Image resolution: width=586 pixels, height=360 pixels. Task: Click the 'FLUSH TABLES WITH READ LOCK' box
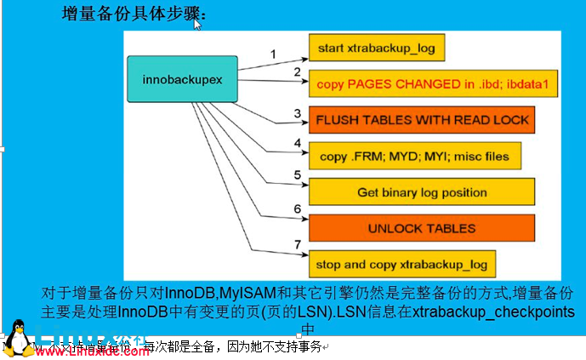point(422,120)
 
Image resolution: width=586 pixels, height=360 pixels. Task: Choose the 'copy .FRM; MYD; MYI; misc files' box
point(414,157)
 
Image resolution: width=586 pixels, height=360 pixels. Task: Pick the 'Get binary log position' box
point(422,192)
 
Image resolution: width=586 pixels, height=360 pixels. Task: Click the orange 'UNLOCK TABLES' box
point(422,228)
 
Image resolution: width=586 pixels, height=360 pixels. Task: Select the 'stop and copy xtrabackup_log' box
point(401,264)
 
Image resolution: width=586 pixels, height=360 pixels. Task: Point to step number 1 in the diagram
point(273,54)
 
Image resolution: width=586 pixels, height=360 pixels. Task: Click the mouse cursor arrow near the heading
point(197,23)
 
